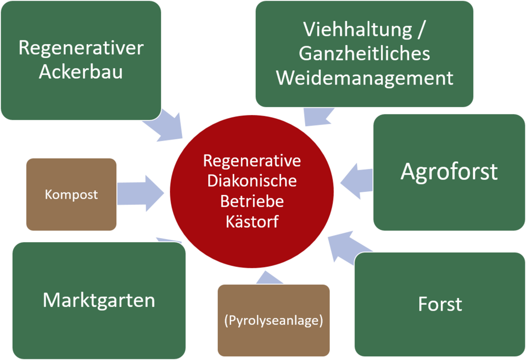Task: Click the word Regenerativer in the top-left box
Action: (x=81, y=48)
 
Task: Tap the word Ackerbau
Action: (x=81, y=71)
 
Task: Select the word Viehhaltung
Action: (x=358, y=30)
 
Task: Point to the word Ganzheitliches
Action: (x=365, y=54)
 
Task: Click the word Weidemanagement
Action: (x=365, y=78)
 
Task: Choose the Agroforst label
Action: (x=449, y=172)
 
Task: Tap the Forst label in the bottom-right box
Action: (x=440, y=304)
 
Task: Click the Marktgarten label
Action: (x=99, y=300)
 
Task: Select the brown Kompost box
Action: (x=72, y=194)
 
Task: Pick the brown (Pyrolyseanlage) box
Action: (x=274, y=321)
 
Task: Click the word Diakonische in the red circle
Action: (x=252, y=181)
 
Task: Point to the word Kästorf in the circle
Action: (x=252, y=222)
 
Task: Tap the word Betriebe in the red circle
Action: (x=252, y=201)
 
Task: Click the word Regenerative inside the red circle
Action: (x=252, y=161)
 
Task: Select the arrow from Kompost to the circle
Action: (x=140, y=193)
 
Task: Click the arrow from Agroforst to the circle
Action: (x=357, y=181)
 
